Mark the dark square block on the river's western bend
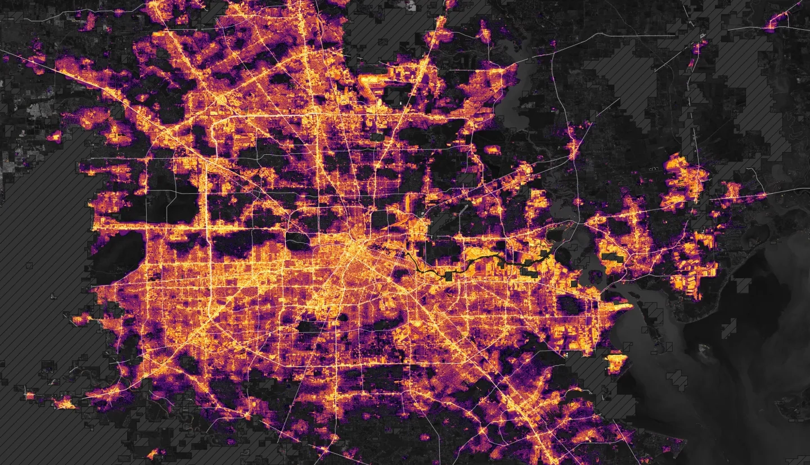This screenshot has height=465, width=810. tap(448, 276)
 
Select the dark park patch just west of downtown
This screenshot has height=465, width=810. tap(297, 241)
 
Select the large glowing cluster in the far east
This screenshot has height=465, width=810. tap(683, 180)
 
